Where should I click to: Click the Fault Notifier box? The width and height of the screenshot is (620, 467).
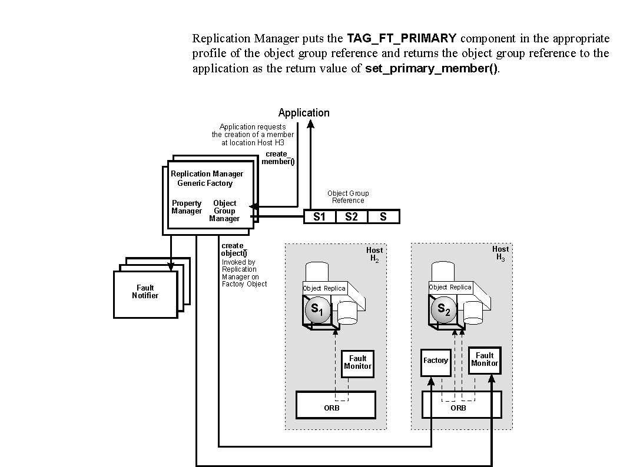[x=145, y=292]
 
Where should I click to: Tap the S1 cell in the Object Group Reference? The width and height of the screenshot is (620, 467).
[x=320, y=216]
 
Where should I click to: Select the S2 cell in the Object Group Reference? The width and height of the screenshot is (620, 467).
[x=352, y=216]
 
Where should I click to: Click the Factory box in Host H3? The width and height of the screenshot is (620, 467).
[x=436, y=361]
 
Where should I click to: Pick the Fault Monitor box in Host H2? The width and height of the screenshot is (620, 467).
[x=358, y=362]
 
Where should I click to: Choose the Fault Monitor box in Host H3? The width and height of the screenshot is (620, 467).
[x=485, y=359]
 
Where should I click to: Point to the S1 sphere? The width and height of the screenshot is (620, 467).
[x=317, y=310]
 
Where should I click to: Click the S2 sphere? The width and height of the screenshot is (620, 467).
[x=443, y=310]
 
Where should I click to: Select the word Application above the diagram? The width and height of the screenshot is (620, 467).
[x=304, y=113]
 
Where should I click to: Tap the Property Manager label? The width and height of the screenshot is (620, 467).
[x=187, y=207]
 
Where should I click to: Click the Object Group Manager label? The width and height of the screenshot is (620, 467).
[x=224, y=211]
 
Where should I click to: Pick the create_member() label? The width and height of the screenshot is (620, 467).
[x=277, y=158]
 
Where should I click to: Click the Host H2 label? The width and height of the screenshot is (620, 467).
[x=374, y=254]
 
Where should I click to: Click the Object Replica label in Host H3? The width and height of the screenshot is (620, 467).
[x=450, y=288]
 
